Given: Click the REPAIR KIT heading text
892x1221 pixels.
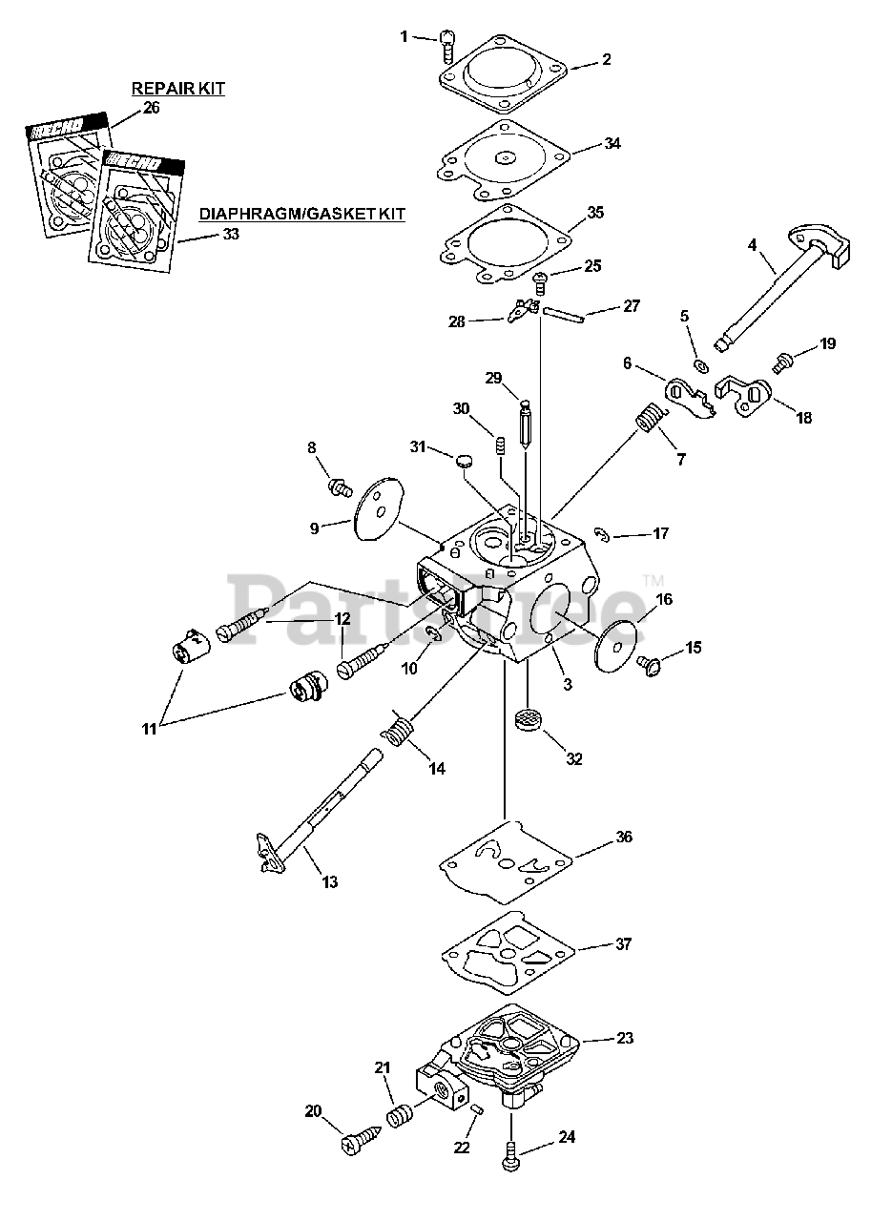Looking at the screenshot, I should [177, 89].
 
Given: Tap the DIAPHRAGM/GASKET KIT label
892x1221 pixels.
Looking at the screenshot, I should [301, 215].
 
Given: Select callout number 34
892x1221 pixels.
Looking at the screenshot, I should [612, 143].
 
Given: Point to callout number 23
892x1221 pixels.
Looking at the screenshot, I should [625, 1038].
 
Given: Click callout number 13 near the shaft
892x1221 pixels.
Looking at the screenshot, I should [329, 882].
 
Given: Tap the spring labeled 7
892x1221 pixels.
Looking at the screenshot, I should [650, 419].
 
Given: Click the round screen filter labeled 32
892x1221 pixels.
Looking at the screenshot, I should [528, 720].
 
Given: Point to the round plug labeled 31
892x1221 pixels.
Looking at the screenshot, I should [465, 460].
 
